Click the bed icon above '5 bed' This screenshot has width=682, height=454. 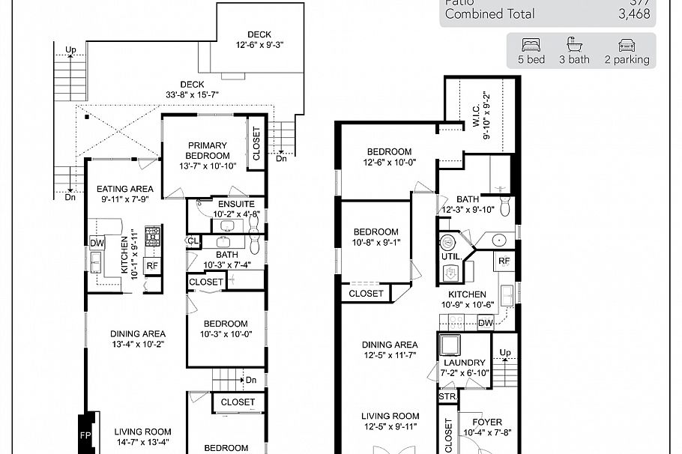[531, 44]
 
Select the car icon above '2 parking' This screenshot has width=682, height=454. [627, 44]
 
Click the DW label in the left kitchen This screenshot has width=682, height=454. [97, 243]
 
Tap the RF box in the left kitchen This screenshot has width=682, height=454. [152, 265]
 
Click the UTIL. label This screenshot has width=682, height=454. [450, 255]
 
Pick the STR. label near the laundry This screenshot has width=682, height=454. [447, 396]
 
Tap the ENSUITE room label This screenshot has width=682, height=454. [236, 204]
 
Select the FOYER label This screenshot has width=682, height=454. [487, 422]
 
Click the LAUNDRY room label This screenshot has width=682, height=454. [465, 363]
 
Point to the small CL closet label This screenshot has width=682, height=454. [193, 241]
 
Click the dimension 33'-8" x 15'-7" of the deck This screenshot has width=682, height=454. [192, 94]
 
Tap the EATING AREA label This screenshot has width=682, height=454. [125, 189]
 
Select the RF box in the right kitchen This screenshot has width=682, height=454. [504, 261]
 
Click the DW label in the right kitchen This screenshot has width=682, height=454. [485, 323]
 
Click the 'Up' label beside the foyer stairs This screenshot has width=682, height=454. [505, 352]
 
